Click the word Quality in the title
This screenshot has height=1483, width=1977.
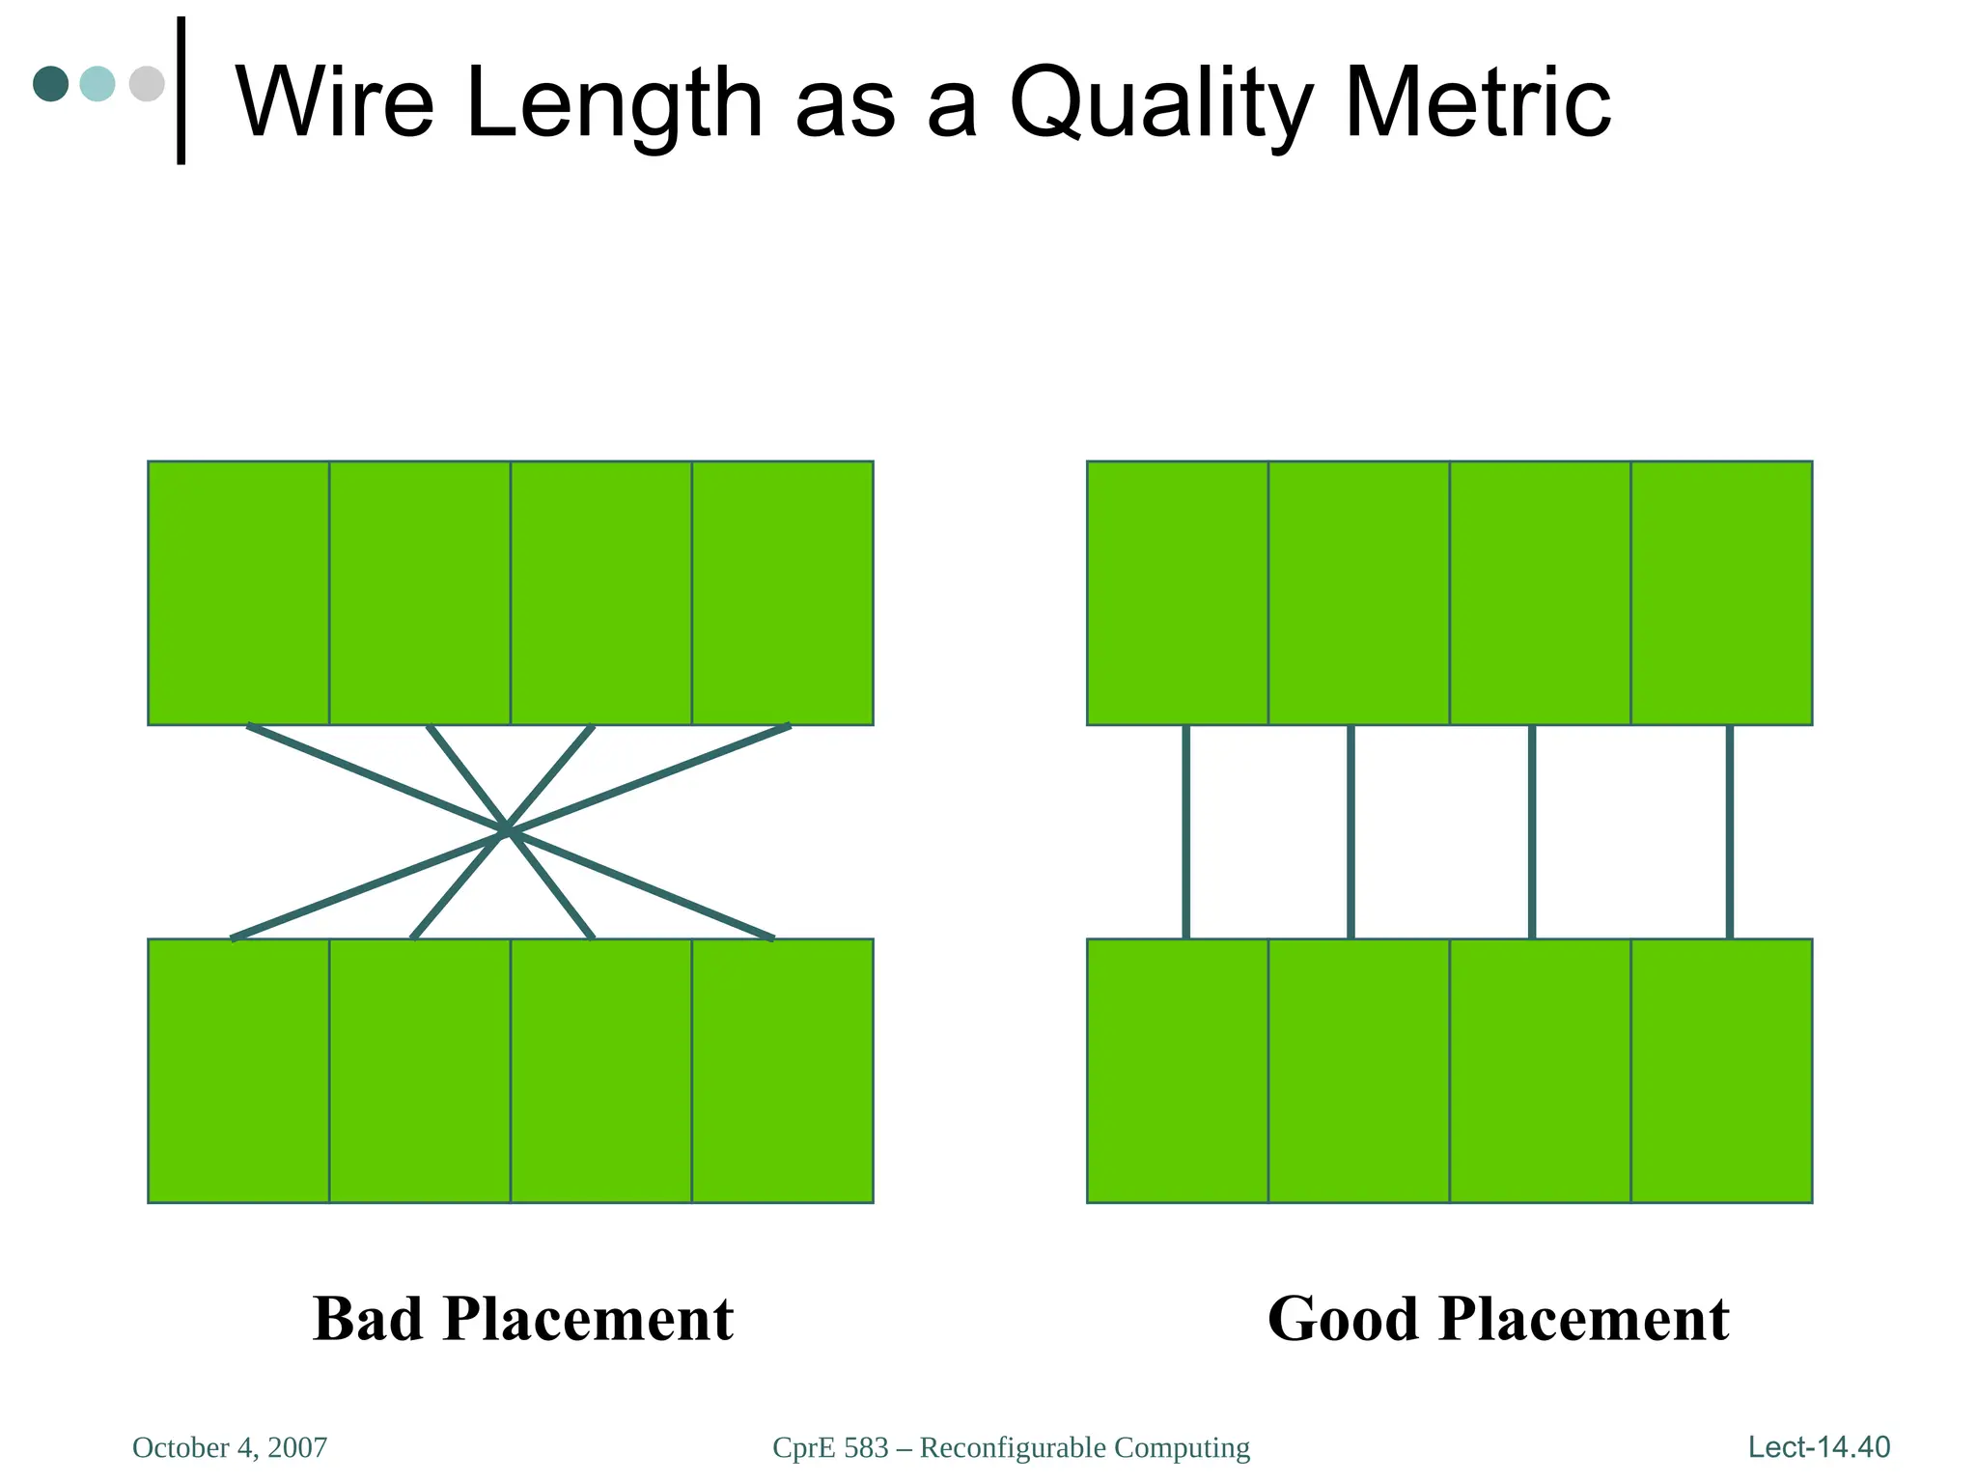(1161, 104)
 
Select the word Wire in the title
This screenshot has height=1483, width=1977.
(335, 102)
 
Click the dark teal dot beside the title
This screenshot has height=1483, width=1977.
(50, 84)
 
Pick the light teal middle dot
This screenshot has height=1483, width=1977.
(97, 84)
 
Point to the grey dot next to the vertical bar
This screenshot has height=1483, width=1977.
(146, 84)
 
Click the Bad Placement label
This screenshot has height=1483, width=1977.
(522, 1319)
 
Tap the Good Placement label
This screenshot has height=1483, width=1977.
(1498, 1319)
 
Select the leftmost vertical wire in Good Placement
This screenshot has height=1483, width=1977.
(1185, 831)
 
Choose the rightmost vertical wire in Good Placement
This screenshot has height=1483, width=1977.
(1729, 831)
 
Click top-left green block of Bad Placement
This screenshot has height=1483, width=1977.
(238, 593)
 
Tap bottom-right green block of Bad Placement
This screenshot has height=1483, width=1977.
(782, 1070)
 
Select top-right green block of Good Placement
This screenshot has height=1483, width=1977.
(1721, 593)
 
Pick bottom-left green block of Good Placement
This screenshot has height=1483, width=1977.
(1178, 1070)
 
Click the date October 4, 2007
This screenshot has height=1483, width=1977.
(230, 1447)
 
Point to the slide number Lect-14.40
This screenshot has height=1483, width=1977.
(1819, 1446)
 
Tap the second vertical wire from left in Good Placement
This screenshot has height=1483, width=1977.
(1350, 831)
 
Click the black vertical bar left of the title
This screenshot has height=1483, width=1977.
(181, 91)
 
